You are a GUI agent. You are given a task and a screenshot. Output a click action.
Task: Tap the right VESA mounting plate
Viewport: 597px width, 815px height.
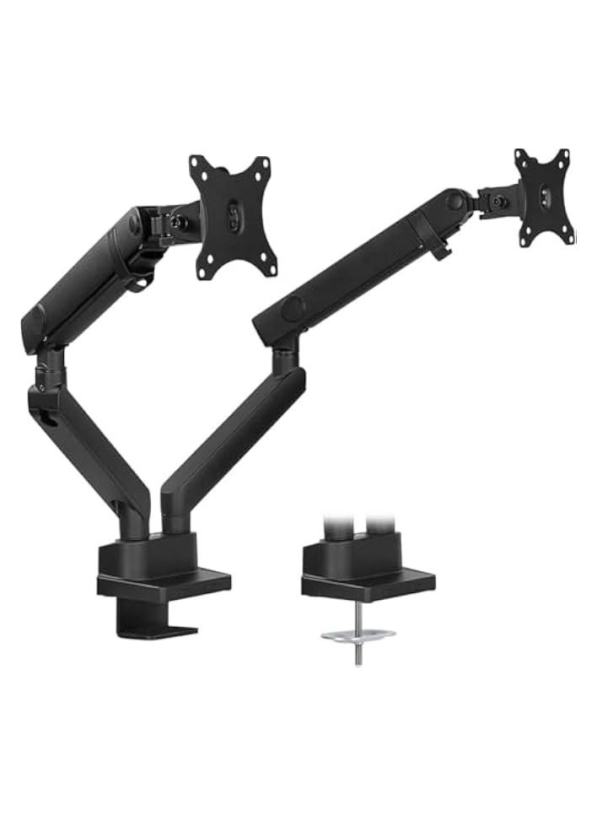click(x=544, y=197)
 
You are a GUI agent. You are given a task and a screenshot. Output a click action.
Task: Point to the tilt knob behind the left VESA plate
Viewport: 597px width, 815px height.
click(x=179, y=223)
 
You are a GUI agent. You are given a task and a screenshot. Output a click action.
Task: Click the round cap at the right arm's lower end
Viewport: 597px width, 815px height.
click(x=292, y=310)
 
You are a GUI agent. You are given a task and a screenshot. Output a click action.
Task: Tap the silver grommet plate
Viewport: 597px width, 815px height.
click(x=358, y=634)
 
